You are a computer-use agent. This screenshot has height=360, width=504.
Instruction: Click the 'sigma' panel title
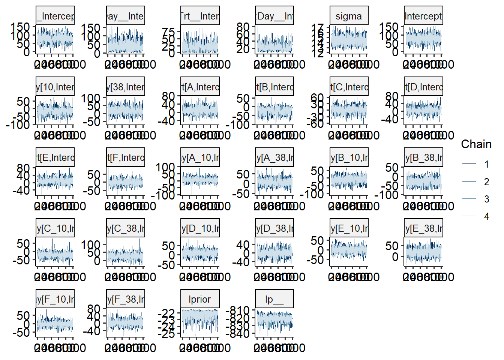[x=349, y=16]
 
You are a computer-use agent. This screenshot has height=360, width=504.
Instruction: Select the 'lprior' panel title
[x=199, y=299]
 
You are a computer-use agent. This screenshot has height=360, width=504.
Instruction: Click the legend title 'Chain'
[x=476, y=144]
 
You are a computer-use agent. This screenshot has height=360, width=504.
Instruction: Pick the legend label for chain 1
[x=486, y=164]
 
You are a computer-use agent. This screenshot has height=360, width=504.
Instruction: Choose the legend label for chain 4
[x=486, y=216]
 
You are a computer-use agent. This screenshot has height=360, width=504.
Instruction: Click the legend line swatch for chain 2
[x=469, y=181]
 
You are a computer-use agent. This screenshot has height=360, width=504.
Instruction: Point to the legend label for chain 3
[x=486, y=199]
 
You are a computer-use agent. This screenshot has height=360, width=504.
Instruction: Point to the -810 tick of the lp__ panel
[x=240, y=310]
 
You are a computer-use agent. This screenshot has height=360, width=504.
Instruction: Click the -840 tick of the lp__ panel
[x=240, y=333]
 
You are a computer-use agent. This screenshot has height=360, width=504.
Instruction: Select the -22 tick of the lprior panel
[x=166, y=313]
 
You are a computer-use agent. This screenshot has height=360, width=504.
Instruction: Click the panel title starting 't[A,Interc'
[x=200, y=87]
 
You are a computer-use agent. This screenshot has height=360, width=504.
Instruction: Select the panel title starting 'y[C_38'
[x=126, y=228]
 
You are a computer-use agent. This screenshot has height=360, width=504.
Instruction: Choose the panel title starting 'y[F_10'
[x=55, y=299]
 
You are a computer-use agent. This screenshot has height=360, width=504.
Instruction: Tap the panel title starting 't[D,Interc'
[x=423, y=87]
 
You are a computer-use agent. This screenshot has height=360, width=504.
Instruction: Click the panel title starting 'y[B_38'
[x=423, y=157]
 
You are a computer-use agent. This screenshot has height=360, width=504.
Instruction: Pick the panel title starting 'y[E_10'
[x=349, y=228]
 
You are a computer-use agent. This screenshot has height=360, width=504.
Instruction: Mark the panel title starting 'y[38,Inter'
[x=126, y=87]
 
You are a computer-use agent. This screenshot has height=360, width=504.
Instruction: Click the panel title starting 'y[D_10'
[x=200, y=228]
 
